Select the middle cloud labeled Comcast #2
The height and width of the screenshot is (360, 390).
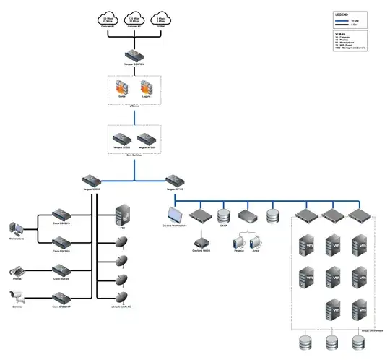(x=134, y=20)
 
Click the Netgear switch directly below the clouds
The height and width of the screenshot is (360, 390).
(x=134, y=56)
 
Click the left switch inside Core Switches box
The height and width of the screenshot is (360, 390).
(x=121, y=137)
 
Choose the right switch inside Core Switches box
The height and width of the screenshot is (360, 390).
(x=147, y=137)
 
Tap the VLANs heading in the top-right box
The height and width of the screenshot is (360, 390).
(x=339, y=33)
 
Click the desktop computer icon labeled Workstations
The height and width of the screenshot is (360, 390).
(x=17, y=226)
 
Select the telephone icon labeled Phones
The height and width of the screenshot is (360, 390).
(x=17, y=272)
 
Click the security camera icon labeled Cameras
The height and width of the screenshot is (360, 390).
(x=17, y=295)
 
